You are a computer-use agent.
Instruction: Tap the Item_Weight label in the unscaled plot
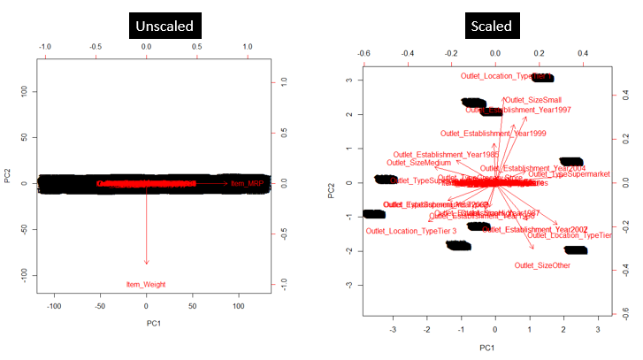(x=147, y=284)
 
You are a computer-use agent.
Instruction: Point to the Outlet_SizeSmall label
(x=532, y=100)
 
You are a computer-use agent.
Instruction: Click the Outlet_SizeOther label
(x=543, y=264)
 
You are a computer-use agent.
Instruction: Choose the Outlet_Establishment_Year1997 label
(x=518, y=110)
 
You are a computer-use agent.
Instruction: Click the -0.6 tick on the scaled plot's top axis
(x=364, y=52)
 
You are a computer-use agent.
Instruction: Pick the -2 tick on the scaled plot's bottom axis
(x=426, y=329)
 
